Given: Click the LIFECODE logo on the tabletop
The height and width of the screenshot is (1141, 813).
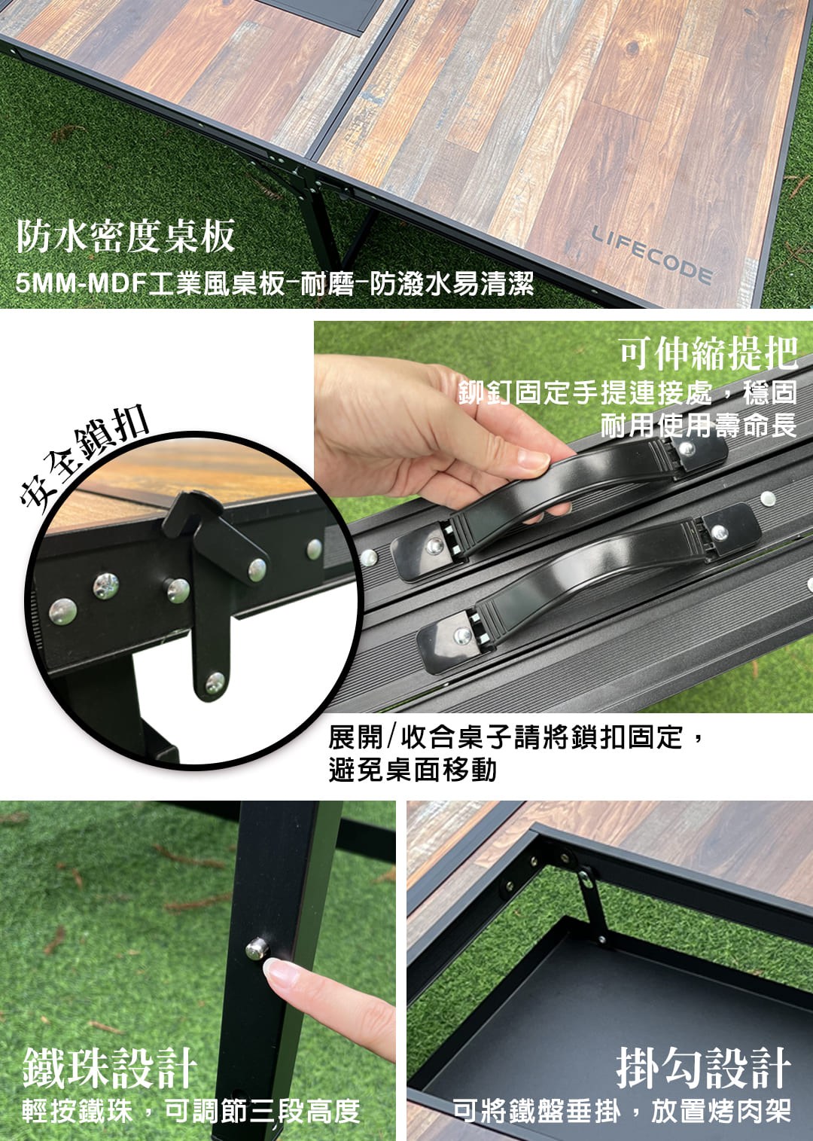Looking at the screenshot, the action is [652, 255].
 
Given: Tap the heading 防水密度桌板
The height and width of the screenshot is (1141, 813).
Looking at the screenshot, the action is [125, 236].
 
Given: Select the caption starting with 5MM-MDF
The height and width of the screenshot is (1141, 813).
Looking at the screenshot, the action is [275, 284].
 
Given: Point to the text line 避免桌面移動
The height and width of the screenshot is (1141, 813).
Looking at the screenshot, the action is [413, 770].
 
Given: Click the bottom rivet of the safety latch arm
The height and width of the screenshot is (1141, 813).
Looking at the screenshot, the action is [215, 682].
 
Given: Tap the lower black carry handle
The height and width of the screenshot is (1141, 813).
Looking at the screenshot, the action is [589, 580].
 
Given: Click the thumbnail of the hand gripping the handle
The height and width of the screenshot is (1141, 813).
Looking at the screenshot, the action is [531, 459].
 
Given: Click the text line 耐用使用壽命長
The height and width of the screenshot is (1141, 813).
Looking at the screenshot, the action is [699, 426].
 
